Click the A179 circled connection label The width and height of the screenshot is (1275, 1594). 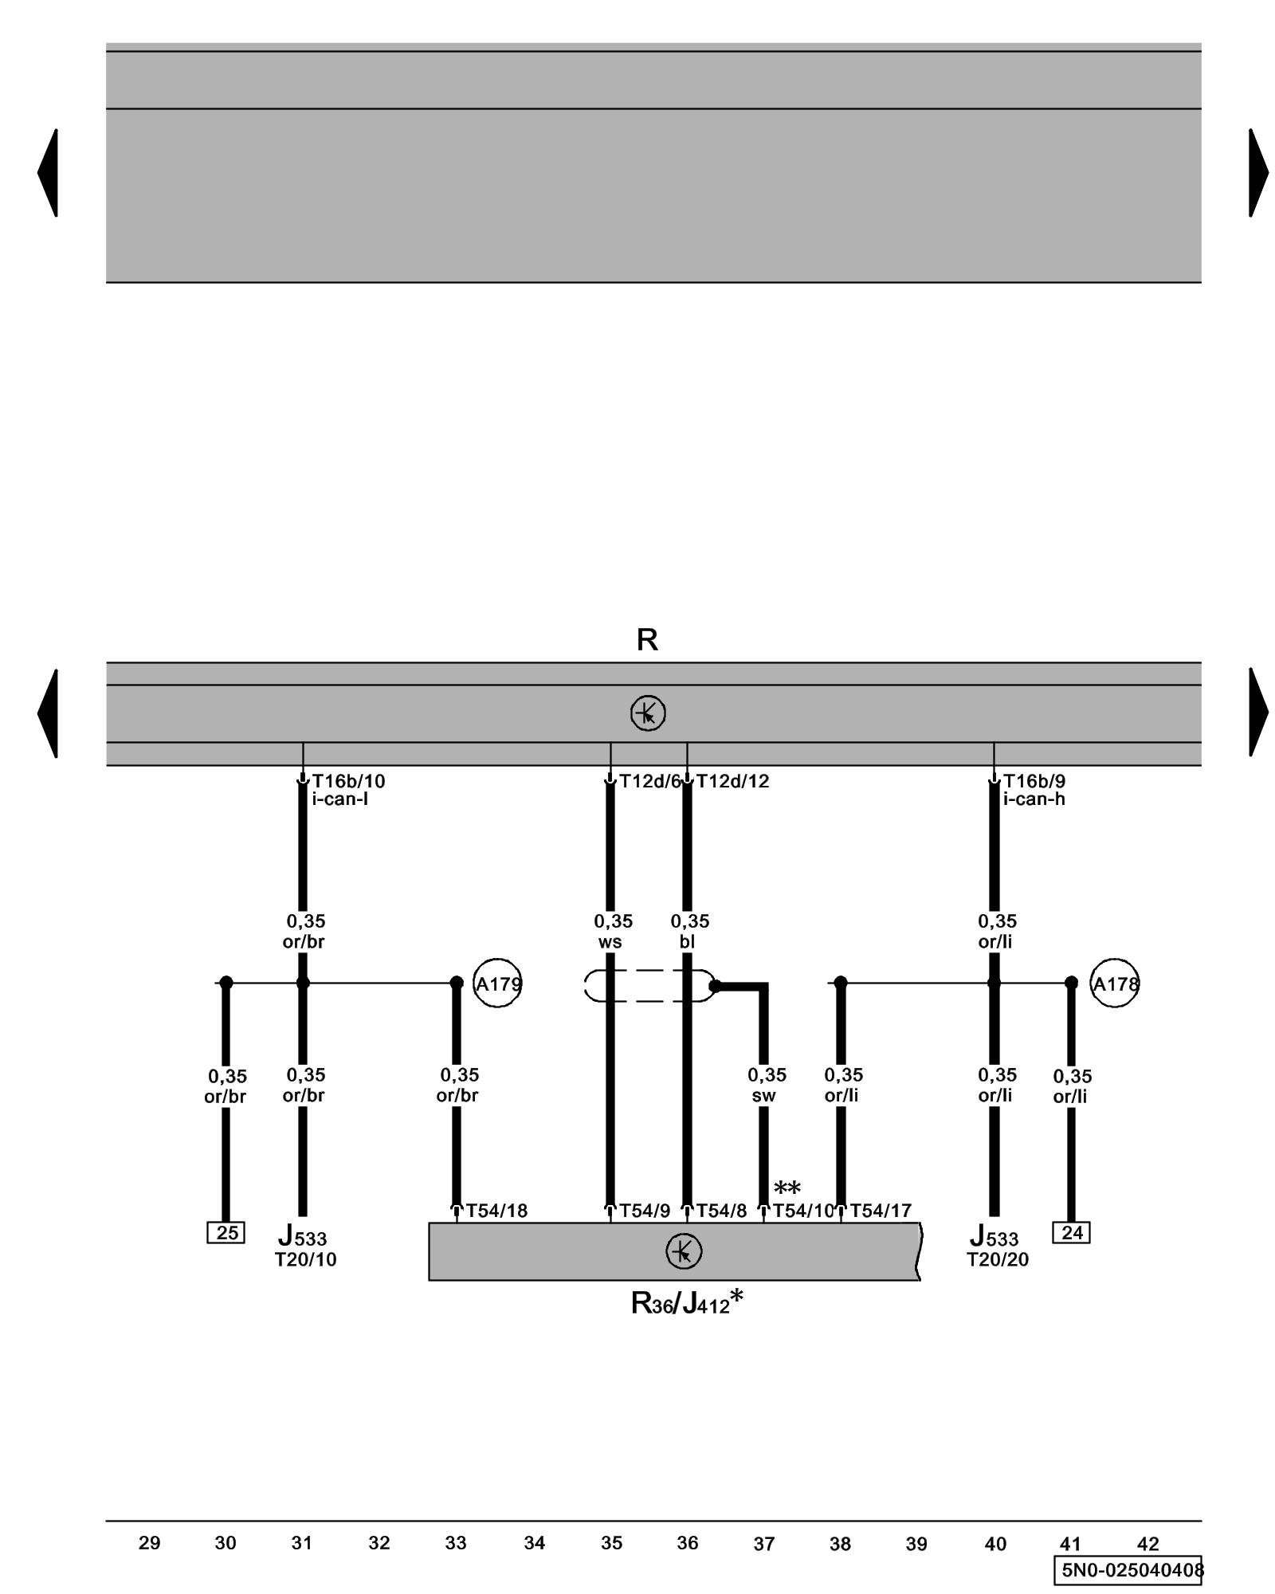(x=497, y=983)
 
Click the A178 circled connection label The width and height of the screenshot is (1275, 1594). (x=1114, y=983)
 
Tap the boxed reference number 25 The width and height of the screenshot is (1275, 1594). (x=226, y=1233)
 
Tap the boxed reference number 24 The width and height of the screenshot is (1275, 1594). (x=1071, y=1233)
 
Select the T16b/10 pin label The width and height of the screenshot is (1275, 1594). (x=348, y=781)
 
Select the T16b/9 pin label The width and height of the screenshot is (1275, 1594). (x=1034, y=781)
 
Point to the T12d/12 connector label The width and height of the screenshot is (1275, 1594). (x=732, y=781)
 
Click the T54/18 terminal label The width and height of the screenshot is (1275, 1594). (x=496, y=1211)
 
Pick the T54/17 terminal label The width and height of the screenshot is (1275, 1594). (x=880, y=1211)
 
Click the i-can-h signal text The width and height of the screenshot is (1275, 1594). (x=1034, y=799)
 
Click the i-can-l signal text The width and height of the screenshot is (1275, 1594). (x=339, y=799)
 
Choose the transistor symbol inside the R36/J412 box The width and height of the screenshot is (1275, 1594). (x=683, y=1251)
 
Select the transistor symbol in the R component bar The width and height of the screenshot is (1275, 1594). (x=647, y=713)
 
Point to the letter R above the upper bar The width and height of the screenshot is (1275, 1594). (x=647, y=640)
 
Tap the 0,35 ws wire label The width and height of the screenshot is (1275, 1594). (x=612, y=931)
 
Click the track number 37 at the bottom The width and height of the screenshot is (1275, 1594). (x=763, y=1545)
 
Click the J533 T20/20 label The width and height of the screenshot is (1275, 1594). (x=996, y=1248)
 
